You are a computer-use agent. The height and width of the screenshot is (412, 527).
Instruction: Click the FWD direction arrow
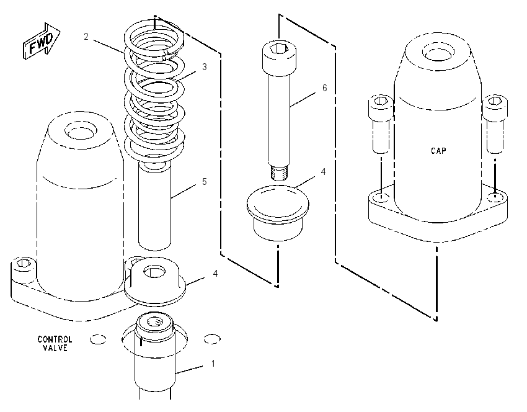(x=42, y=42)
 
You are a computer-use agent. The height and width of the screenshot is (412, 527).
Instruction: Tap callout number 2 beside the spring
(x=86, y=37)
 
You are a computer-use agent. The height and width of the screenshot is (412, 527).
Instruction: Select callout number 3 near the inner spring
(x=205, y=66)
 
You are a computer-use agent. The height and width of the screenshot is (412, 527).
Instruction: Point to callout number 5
(x=205, y=182)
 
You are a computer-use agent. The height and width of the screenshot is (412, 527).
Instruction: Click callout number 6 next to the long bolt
(x=324, y=87)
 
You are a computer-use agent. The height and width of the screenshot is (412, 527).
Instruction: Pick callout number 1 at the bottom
(x=213, y=364)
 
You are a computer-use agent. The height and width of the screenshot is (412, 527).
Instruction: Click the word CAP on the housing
(x=438, y=150)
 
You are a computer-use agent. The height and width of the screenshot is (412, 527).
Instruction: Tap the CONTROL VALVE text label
(x=55, y=343)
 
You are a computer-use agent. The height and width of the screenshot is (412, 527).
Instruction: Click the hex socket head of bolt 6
(x=279, y=58)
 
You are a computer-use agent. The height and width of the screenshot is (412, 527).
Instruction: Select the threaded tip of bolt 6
(x=278, y=171)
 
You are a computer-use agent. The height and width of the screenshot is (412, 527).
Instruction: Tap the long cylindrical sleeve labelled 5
(x=155, y=205)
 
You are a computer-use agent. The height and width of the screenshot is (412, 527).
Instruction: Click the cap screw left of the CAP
(x=381, y=124)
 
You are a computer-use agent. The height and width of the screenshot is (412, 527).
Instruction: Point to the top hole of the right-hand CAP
(x=437, y=52)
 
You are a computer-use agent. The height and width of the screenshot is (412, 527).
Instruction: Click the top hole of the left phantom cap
(x=81, y=130)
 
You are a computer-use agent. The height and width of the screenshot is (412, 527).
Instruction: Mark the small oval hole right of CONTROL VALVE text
(x=213, y=339)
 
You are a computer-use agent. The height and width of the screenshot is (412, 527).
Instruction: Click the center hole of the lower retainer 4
(x=154, y=271)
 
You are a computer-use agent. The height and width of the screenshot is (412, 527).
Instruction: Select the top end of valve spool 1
(x=154, y=322)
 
